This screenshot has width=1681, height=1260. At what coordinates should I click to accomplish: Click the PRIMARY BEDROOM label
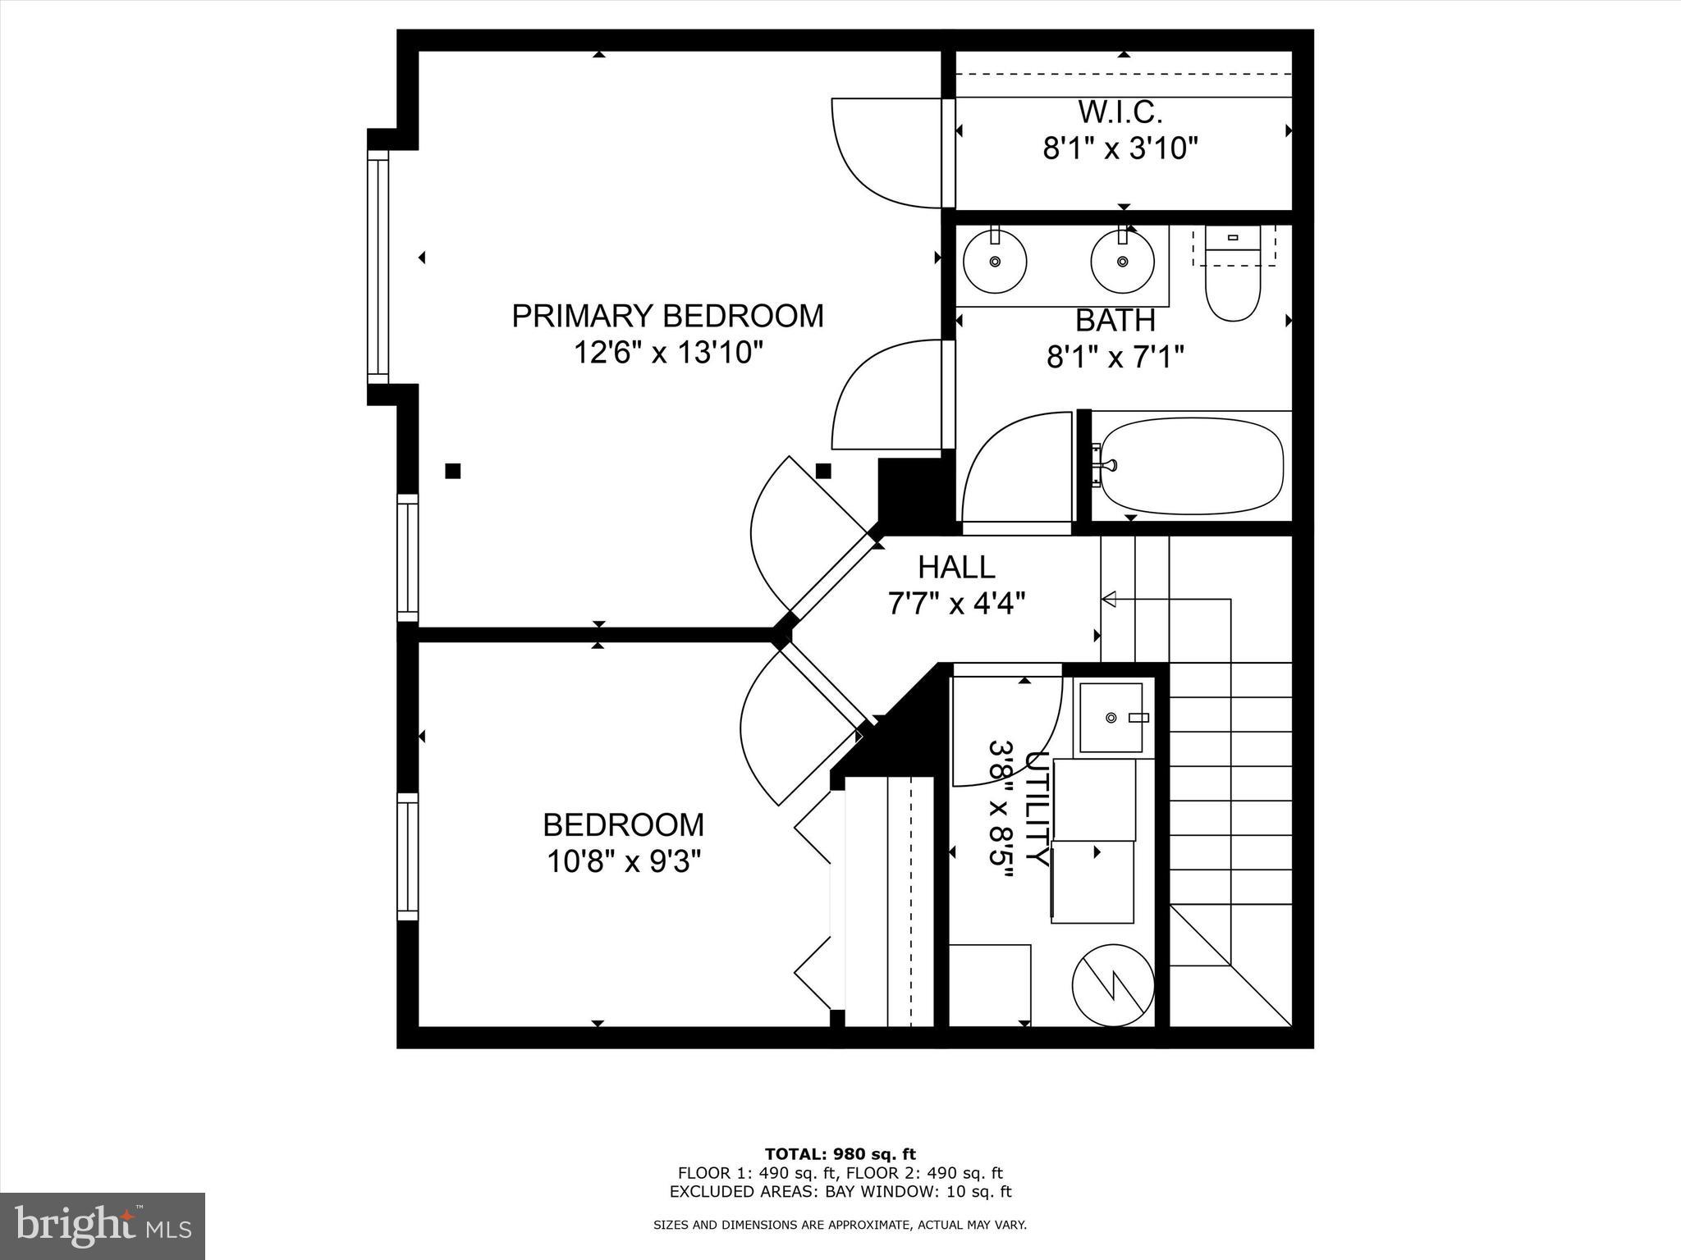667,316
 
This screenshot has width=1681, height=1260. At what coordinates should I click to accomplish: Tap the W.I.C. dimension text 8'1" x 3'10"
1120,149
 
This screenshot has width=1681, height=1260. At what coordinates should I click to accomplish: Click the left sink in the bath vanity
995,261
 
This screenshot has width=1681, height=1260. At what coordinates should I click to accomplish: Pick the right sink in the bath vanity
1122,261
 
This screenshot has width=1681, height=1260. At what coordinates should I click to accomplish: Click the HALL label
956,567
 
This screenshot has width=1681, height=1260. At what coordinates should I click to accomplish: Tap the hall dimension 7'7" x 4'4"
956,604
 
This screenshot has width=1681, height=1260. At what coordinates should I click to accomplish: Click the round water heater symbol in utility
1113,985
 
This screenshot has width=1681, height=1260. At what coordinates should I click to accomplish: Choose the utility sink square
1111,718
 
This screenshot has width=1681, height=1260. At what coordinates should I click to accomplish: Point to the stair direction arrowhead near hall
1108,600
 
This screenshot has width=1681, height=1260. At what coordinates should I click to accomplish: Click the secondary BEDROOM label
623,824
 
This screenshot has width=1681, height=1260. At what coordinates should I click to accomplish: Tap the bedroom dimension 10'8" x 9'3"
623,862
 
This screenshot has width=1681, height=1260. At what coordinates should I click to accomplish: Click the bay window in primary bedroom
378,267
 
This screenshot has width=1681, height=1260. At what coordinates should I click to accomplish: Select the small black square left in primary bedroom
452,471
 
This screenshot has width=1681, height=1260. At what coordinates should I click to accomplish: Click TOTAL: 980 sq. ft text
840,1154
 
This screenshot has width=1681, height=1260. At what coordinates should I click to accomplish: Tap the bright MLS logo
103,1226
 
